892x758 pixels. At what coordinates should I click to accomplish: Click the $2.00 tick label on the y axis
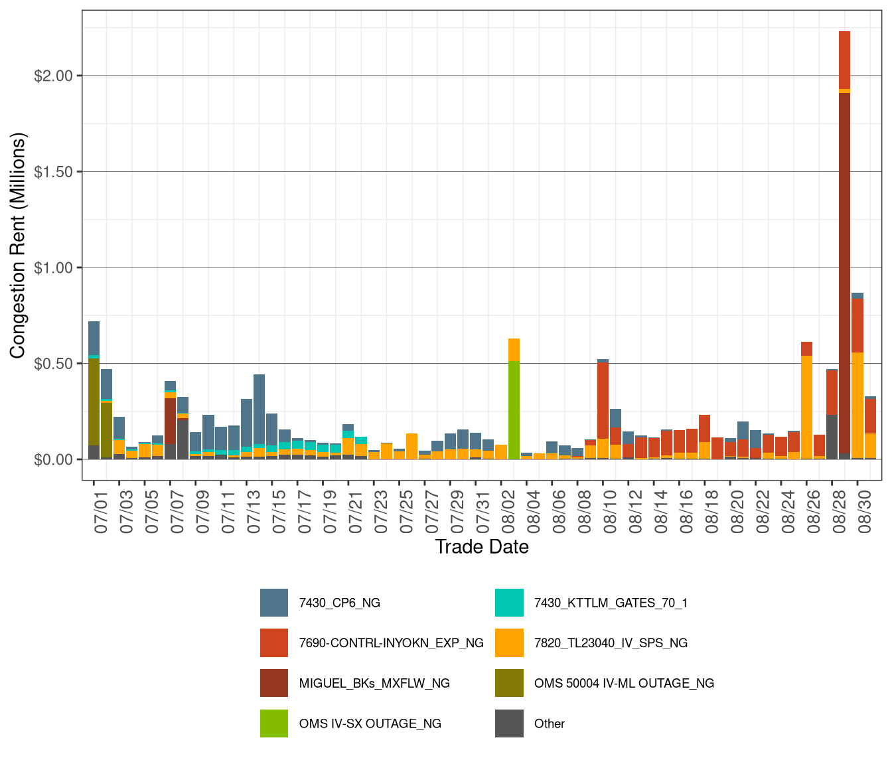click(53, 76)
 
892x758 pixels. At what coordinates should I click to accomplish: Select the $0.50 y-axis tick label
click(53, 364)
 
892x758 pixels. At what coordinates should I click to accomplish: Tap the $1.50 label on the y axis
click(53, 172)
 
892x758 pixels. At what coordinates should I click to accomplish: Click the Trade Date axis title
click(482, 547)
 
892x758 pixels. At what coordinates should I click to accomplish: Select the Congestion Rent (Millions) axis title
click(18, 246)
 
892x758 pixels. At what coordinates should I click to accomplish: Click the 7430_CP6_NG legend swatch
click(274, 603)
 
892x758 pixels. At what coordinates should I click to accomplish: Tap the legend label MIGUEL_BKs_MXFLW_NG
click(374, 684)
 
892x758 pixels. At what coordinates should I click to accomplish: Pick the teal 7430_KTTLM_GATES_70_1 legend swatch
click(509, 603)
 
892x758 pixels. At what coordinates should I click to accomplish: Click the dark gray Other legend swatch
click(509, 723)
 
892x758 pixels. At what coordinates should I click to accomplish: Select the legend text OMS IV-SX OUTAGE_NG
click(370, 723)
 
